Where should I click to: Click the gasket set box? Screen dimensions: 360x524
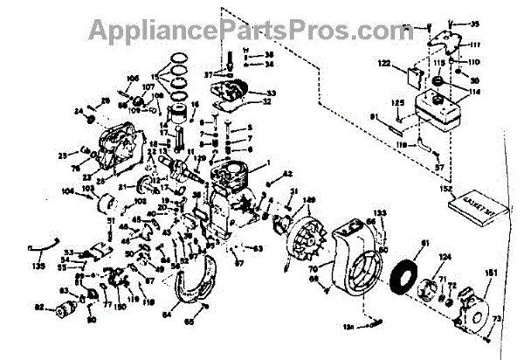tap(475, 210)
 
